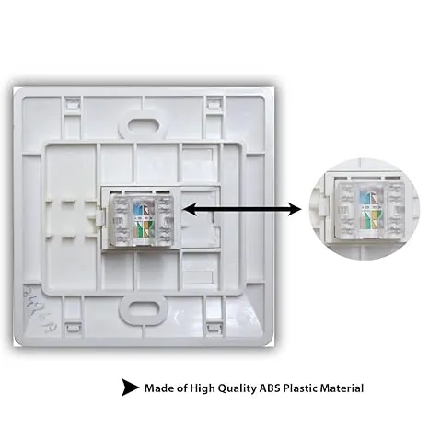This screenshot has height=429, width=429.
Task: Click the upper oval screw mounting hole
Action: [x=145, y=126]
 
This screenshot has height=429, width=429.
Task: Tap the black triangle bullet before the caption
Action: [x=130, y=388]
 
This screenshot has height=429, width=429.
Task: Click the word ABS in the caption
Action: [x=270, y=388]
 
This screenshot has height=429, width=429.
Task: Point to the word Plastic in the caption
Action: [x=300, y=388]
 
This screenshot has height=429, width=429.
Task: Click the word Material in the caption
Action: [x=342, y=388]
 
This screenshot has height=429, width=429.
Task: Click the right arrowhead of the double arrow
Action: [x=295, y=210]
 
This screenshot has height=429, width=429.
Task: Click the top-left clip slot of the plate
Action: [x=74, y=105]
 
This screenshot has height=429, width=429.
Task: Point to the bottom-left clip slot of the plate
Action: [x=72, y=328]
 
